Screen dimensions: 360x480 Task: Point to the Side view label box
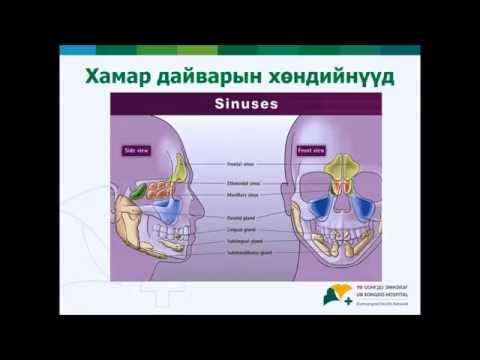pyautogui.click(x=136, y=150)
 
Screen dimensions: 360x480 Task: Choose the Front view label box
pyautogui.click(x=310, y=150)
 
